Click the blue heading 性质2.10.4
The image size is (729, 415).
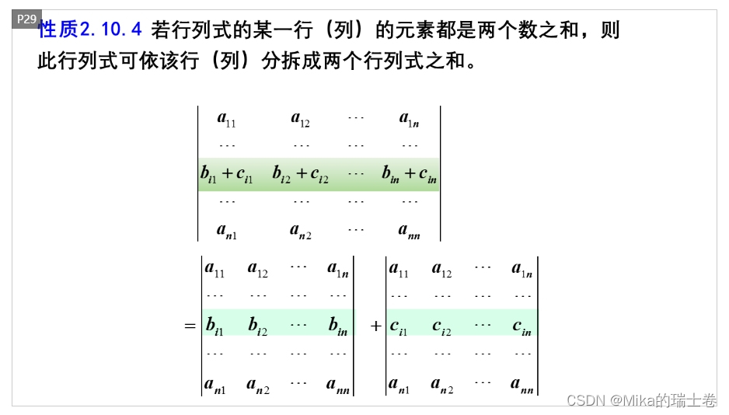click(x=89, y=30)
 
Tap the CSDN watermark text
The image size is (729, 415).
click(x=641, y=400)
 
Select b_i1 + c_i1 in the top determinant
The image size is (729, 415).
click(x=226, y=174)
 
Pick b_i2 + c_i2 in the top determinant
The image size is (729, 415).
click(x=301, y=174)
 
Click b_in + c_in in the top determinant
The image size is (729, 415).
click(x=409, y=174)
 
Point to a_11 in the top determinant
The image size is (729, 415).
click(x=226, y=119)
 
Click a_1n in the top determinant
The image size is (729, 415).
click(x=410, y=119)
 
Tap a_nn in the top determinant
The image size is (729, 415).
click(x=410, y=230)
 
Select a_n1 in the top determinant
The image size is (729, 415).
click(x=226, y=230)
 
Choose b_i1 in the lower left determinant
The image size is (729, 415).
click(x=215, y=326)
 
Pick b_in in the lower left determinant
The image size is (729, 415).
click(x=337, y=326)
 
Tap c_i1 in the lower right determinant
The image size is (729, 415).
click(x=399, y=326)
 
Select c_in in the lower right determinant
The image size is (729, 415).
click(x=521, y=326)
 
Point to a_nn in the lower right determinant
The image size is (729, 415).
click(x=522, y=384)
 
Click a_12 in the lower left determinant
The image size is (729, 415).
click(x=258, y=270)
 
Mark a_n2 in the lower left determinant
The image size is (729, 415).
click(x=258, y=384)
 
